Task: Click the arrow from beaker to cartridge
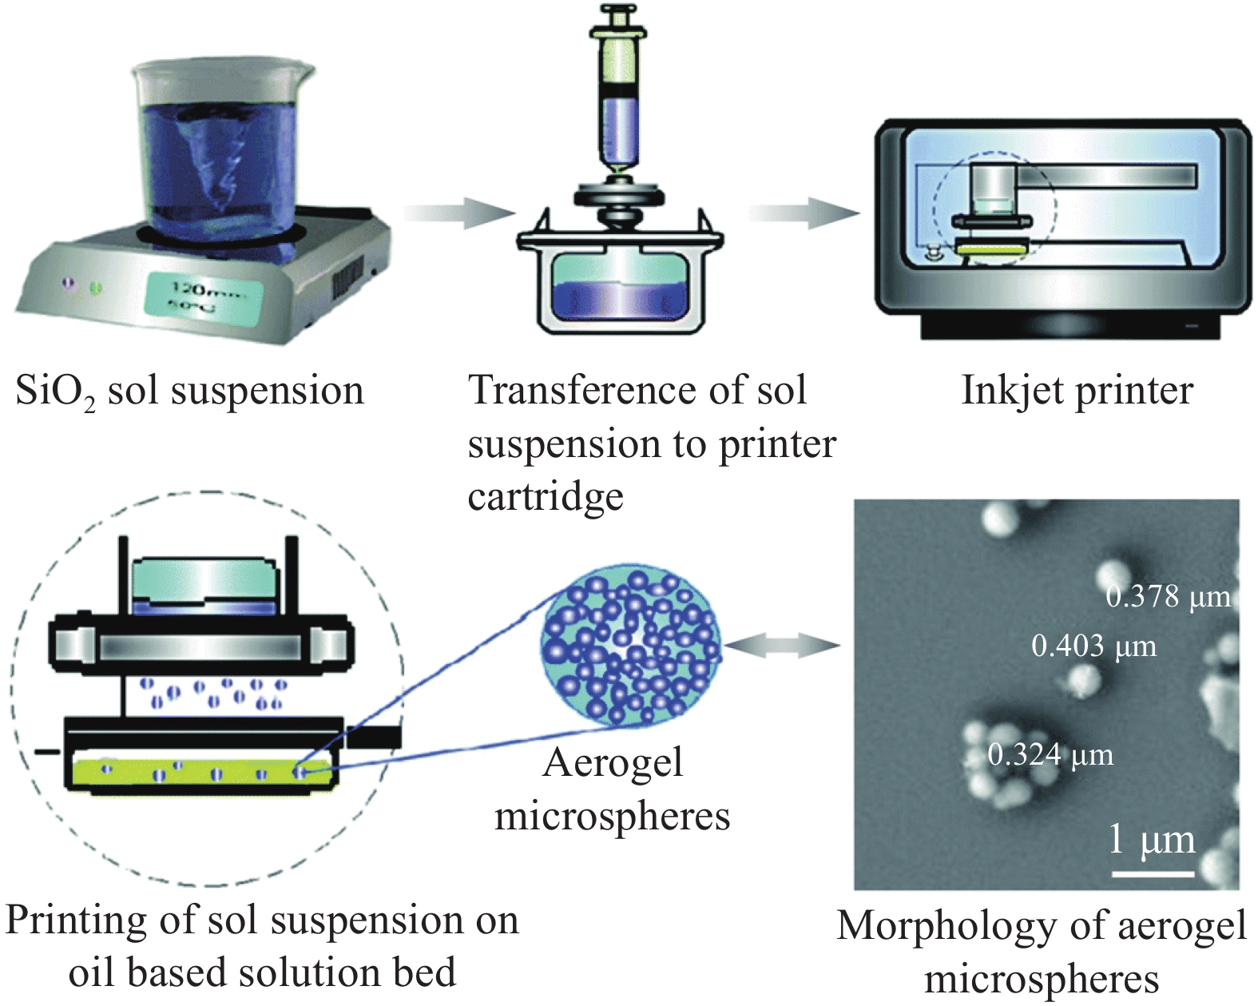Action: pos(459,213)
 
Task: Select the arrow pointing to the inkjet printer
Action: pos(804,213)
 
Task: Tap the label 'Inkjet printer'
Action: pos(1077,391)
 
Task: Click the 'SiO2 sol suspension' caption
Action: pos(189,392)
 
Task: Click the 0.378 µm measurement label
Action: pos(1168,596)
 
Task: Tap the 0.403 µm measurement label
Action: pos(1093,646)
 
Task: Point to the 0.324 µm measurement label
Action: pos(1050,754)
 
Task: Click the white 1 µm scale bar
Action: pos(1153,873)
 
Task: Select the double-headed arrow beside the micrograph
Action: pos(782,646)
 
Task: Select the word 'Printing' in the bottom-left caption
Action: pos(76,921)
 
